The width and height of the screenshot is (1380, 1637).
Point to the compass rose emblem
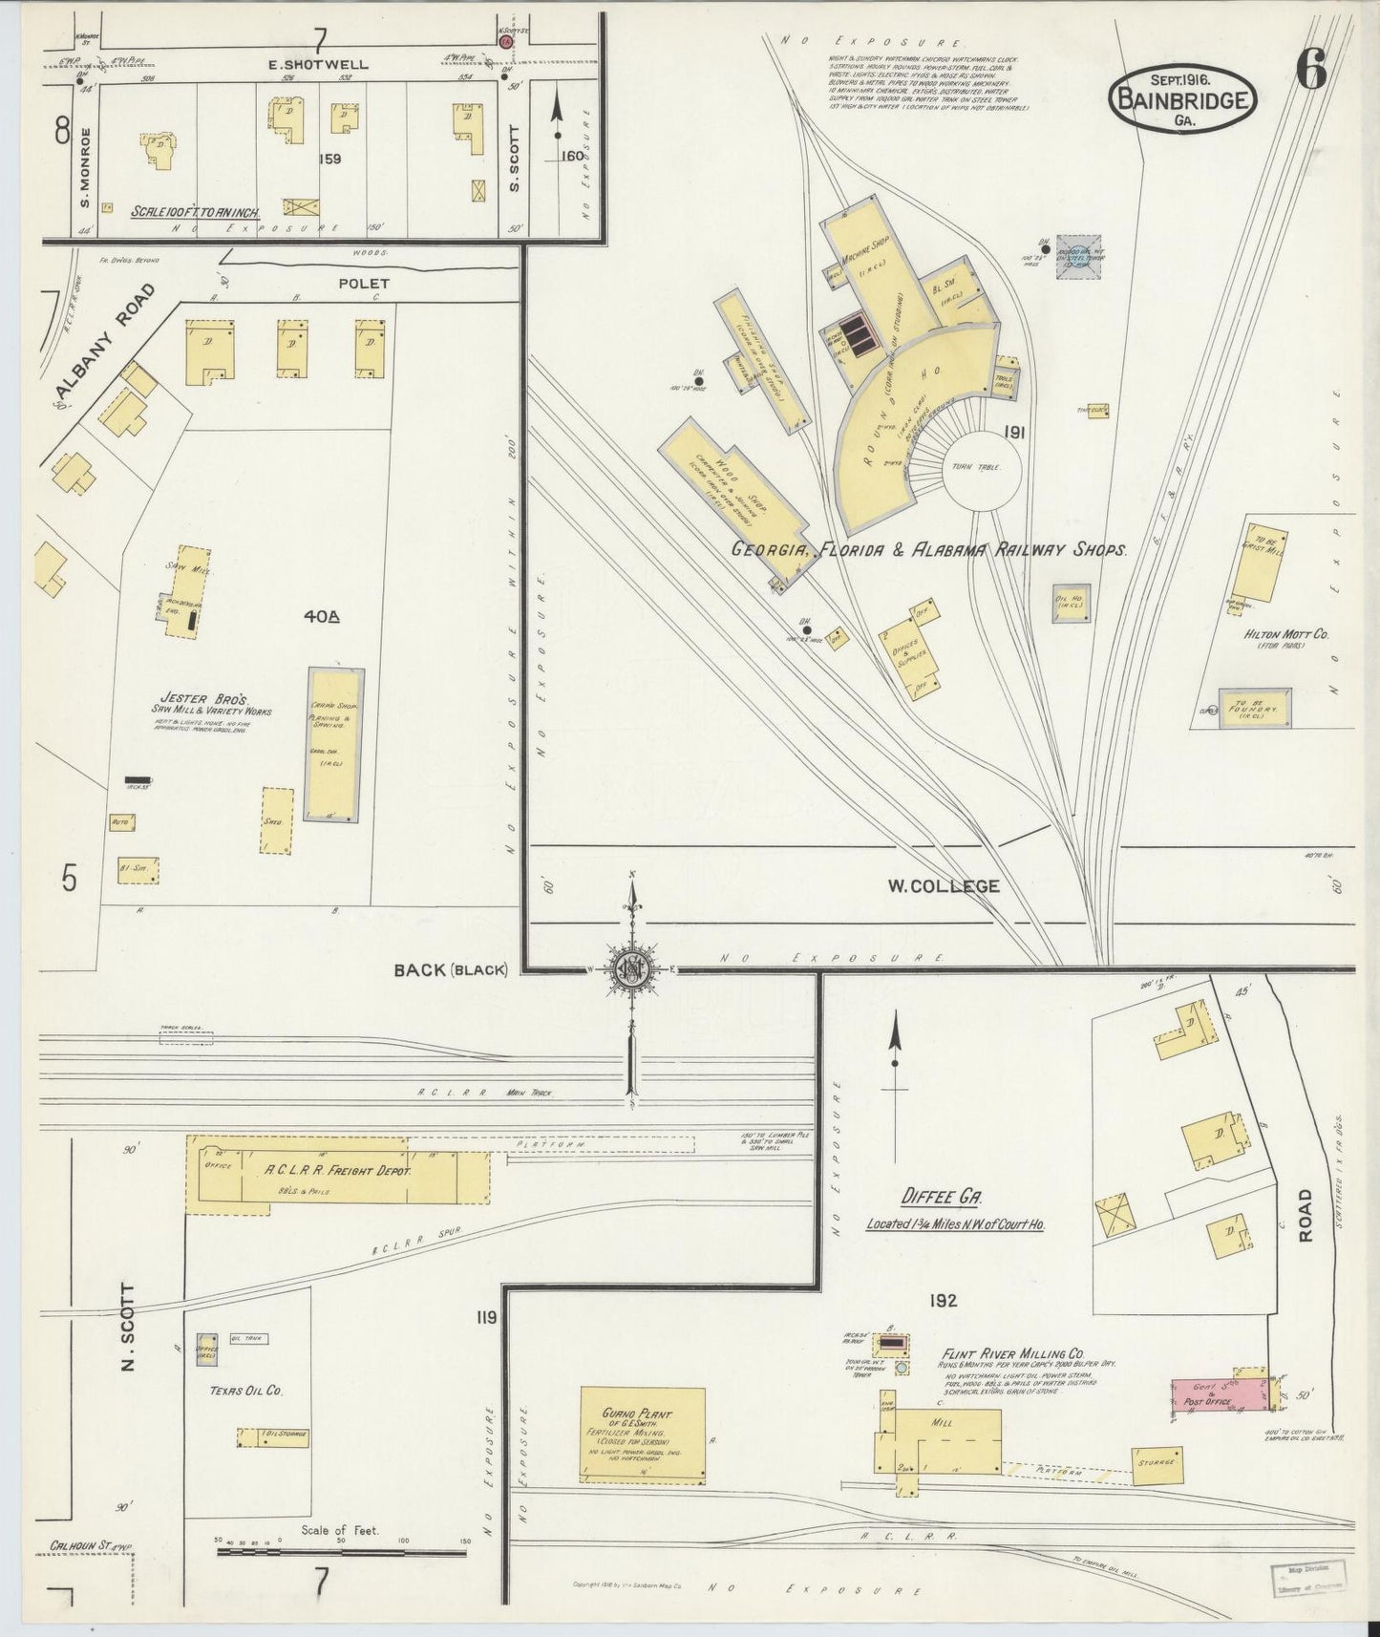631,968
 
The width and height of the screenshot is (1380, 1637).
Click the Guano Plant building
644,1435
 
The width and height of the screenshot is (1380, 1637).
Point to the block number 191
1013,433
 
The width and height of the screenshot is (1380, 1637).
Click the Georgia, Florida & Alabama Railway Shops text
929,551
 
